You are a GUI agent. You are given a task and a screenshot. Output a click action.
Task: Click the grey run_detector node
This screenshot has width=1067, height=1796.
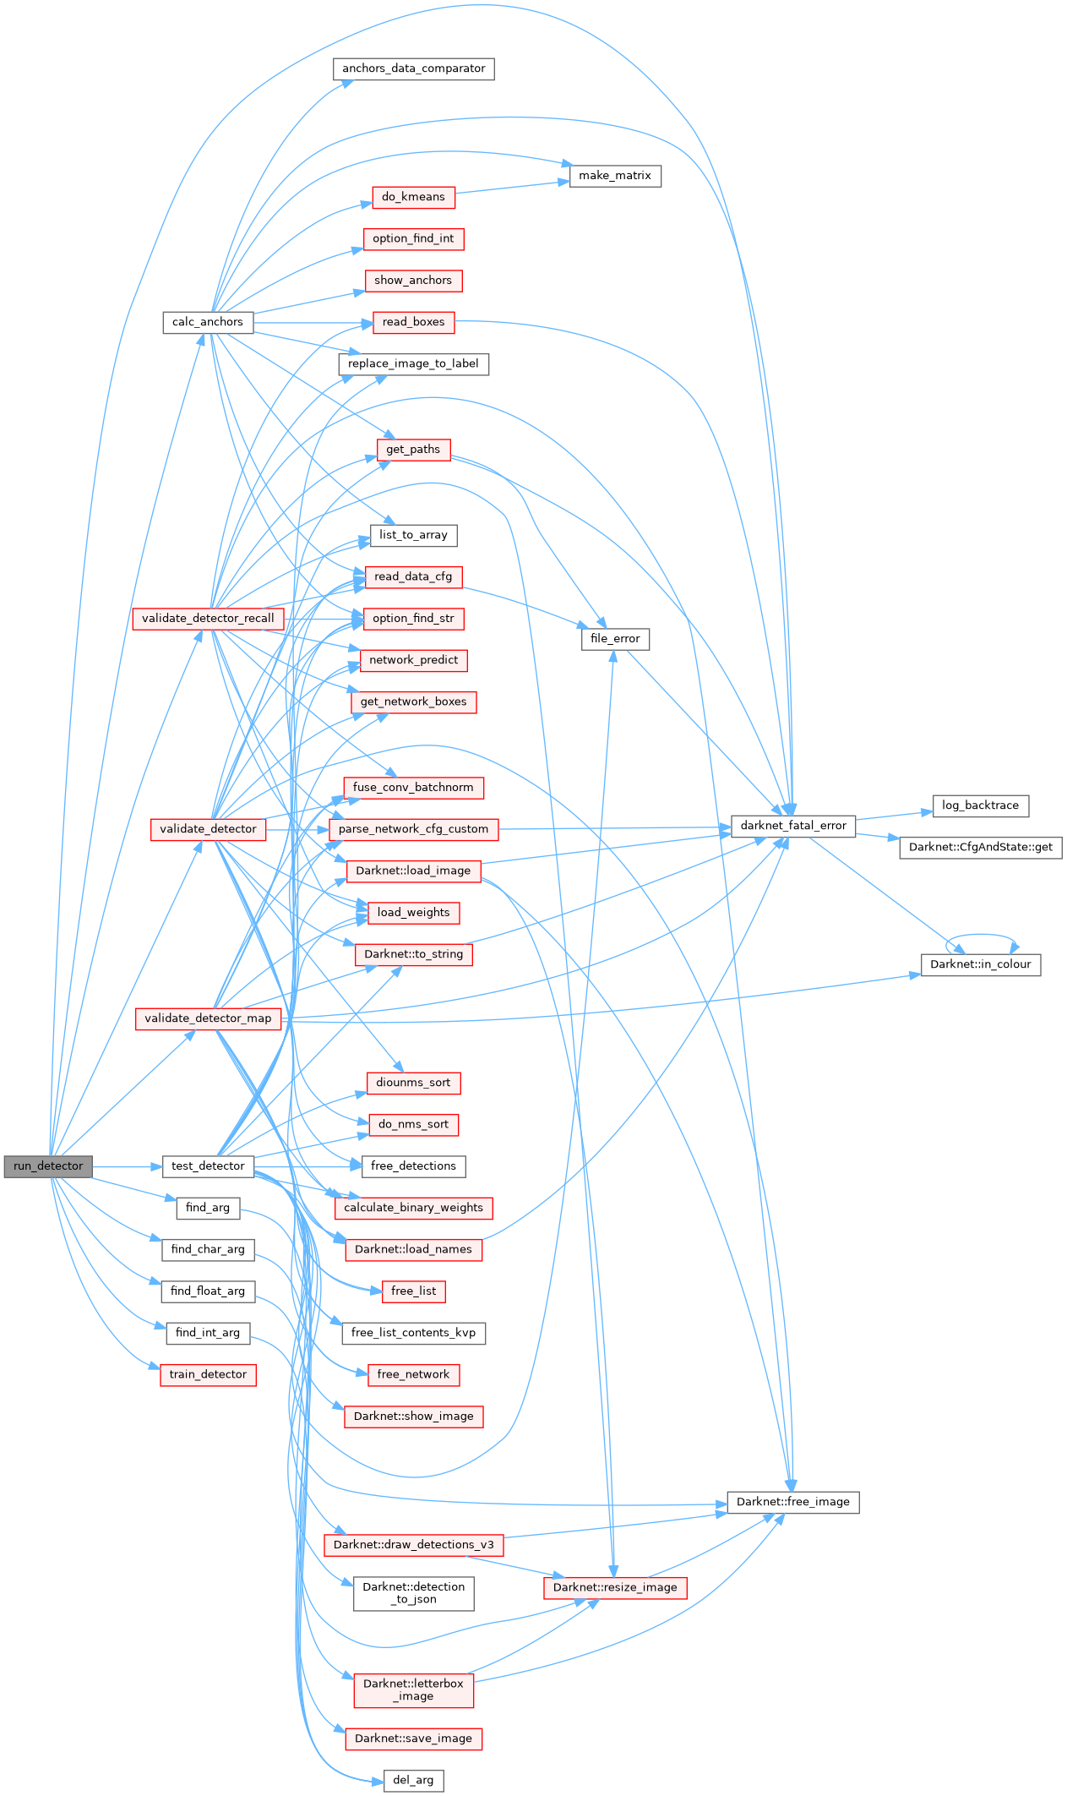48,1166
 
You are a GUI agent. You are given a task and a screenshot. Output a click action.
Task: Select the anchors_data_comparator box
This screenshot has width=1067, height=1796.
413,68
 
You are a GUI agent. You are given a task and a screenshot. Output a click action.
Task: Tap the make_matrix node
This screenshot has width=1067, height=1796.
615,176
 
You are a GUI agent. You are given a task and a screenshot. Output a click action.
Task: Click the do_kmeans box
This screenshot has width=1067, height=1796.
413,197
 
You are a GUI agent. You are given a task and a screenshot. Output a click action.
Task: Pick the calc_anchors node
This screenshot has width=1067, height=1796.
208,322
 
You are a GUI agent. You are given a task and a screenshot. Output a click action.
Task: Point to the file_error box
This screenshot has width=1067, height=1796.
615,639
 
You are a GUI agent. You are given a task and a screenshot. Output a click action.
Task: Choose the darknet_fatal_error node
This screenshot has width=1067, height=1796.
793,826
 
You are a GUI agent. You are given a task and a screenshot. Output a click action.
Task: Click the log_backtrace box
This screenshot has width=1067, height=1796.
981,805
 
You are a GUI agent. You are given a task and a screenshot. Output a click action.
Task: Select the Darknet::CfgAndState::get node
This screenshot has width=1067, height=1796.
981,847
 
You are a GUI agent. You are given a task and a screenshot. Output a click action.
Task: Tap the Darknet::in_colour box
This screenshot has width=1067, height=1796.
981,964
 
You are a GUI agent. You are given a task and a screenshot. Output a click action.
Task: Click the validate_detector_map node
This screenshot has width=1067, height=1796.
208,1018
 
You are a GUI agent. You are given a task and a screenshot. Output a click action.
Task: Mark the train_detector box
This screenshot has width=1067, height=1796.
208,1374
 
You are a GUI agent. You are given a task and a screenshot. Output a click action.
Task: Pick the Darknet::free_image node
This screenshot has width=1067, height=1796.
793,1502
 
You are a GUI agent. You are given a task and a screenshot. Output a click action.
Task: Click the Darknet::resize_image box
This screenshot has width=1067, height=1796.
615,1587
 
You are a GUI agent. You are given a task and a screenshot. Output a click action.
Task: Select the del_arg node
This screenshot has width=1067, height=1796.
413,1780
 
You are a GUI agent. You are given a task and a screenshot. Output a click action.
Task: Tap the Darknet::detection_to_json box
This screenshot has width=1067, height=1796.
413,1593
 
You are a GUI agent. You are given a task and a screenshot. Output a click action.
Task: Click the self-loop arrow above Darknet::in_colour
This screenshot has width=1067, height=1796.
981,936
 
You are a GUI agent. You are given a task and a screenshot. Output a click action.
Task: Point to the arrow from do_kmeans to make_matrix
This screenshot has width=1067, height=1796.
512,187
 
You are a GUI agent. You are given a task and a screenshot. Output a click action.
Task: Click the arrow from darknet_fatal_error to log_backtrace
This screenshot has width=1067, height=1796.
894,815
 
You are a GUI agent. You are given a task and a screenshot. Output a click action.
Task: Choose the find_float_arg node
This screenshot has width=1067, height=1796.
208,1291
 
